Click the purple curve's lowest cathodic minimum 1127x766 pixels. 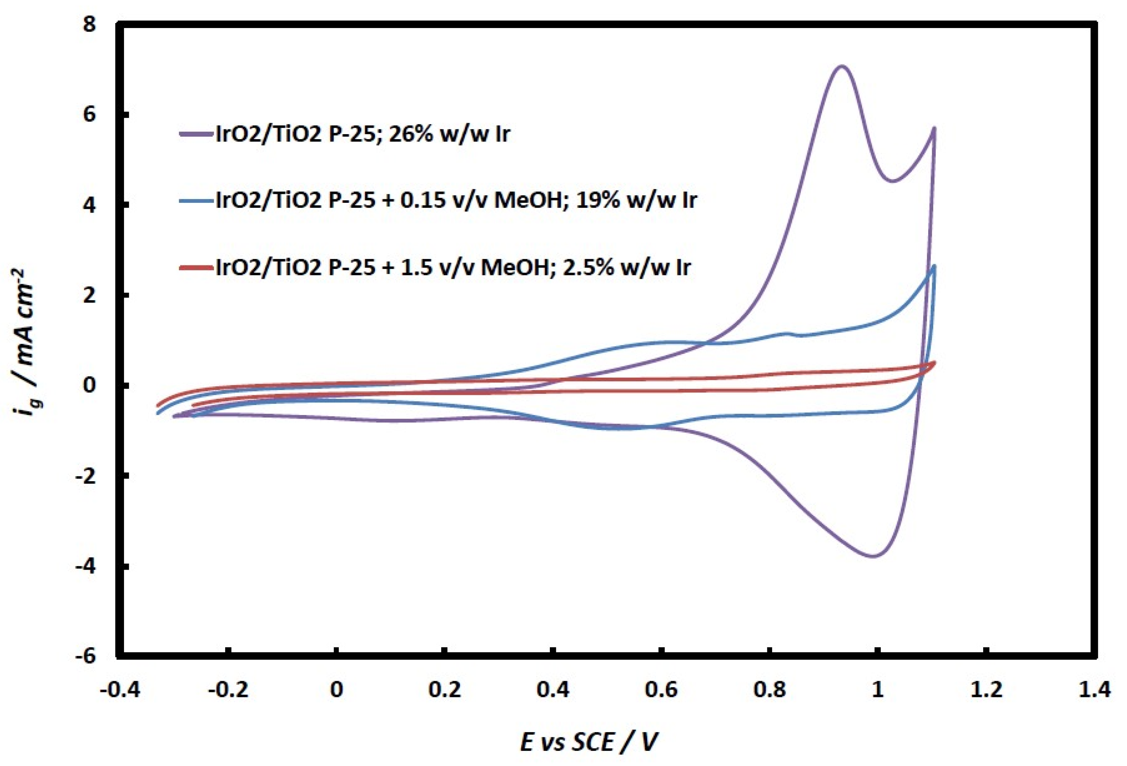tap(873, 556)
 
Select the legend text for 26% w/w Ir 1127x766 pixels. tap(363, 134)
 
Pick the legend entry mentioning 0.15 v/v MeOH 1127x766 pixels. tap(456, 200)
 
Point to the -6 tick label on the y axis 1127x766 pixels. tap(86, 656)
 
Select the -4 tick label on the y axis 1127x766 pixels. tap(86, 566)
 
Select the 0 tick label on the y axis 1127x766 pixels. tap(90, 386)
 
